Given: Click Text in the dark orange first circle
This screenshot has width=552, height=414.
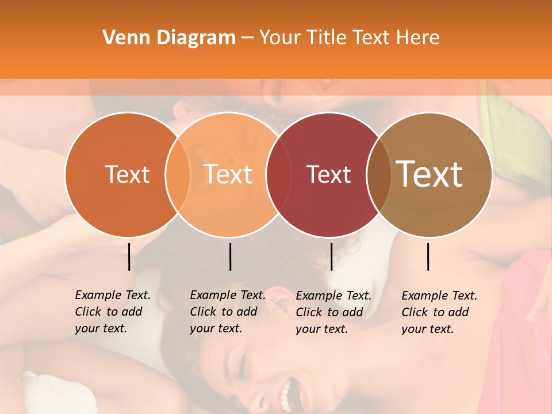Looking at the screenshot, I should pyautogui.click(x=127, y=174).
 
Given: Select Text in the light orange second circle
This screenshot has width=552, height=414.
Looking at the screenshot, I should pyautogui.click(x=228, y=174).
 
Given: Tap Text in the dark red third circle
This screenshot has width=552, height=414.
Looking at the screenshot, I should pyautogui.click(x=328, y=174).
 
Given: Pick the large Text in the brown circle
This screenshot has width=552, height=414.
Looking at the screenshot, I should pyautogui.click(x=430, y=174).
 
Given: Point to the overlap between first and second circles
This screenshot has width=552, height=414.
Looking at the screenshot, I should pyautogui.click(x=178, y=174).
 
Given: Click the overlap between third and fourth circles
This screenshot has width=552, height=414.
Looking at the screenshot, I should pyautogui.click(x=379, y=174).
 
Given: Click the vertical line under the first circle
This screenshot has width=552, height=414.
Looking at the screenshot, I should pyautogui.click(x=129, y=256).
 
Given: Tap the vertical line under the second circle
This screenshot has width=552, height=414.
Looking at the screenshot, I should pyautogui.click(x=230, y=256).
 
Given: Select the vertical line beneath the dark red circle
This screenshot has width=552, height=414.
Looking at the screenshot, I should pyautogui.click(x=331, y=256).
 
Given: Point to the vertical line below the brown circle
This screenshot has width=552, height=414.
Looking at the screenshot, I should pyautogui.click(x=428, y=256).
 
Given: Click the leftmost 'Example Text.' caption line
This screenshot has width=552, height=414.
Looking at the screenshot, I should pyautogui.click(x=113, y=295).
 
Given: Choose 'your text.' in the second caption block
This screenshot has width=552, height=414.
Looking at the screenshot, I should pyautogui.click(x=216, y=328).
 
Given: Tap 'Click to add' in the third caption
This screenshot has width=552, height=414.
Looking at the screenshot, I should pyautogui.click(x=329, y=312).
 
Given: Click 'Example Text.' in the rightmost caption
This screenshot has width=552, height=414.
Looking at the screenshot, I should pyautogui.click(x=439, y=296).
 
